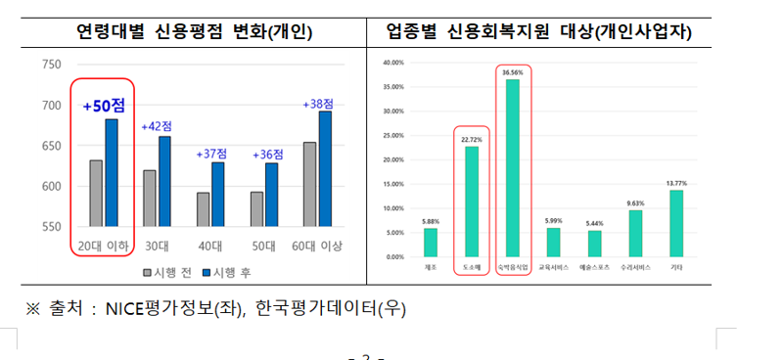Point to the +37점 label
click(x=210, y=154)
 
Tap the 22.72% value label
click(x=472, y=140)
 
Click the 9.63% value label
click(x=634, y=203)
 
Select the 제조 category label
click(x=431, y=266)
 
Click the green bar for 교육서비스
click(x=553, y=242)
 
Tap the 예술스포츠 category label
click(x=594, y=266)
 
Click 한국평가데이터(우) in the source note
click(x=330, y=309)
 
